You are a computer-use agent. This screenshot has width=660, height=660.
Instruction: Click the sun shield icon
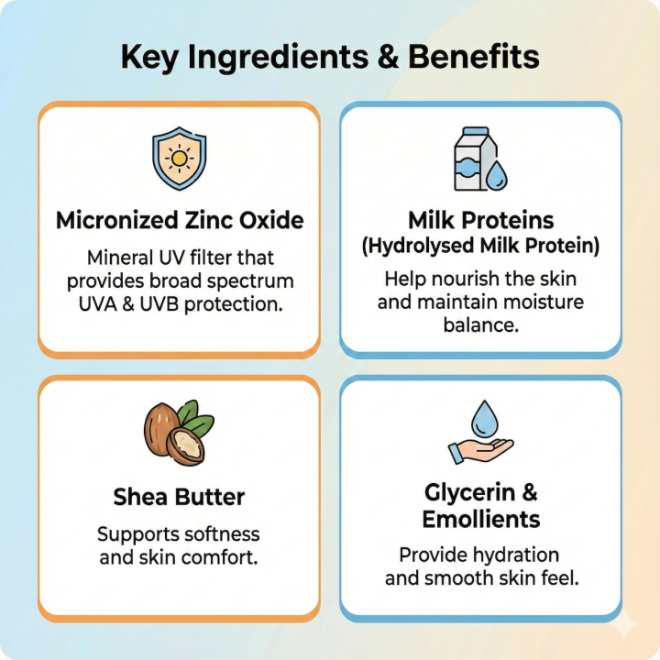point(178,157)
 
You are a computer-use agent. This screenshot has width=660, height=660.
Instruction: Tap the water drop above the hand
point(482,419)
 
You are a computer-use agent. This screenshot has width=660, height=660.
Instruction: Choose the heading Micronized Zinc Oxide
point(180,221)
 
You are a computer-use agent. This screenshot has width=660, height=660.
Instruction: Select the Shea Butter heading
point(179,498)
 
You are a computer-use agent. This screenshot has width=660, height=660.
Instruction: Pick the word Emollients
point(481,520)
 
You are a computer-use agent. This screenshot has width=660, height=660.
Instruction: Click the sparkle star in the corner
point(627,625)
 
